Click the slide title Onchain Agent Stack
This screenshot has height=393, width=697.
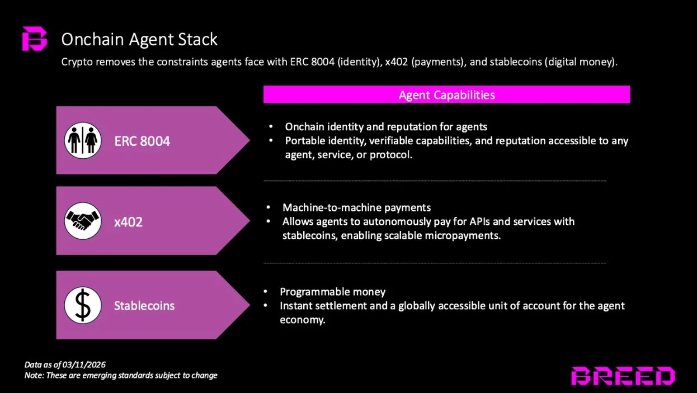coord(139,39)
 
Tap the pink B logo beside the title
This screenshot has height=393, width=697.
coord(35,39)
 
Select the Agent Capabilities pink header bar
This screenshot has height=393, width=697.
coord(446,94)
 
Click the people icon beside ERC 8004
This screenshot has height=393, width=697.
coord(83,140)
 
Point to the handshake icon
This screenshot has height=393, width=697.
coord(83,221)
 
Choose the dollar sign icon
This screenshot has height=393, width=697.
coord(83,305)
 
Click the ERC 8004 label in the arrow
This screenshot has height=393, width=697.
coord(142,141)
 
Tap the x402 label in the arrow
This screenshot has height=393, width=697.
coord(128,222)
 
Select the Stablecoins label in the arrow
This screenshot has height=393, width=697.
coord(144,306)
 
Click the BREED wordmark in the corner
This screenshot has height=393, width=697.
coord(622,376)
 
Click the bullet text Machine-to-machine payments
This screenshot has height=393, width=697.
coord(357,208)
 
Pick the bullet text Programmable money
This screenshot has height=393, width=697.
coord(333,292)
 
